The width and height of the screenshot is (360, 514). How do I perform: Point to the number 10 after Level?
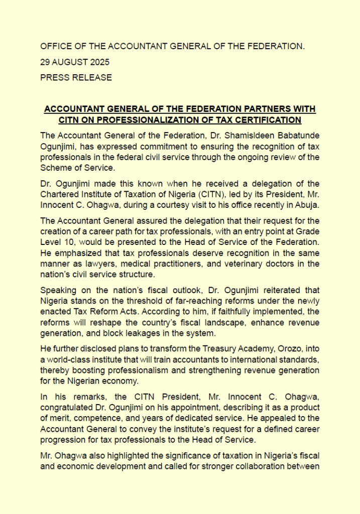[x=67, y=242]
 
